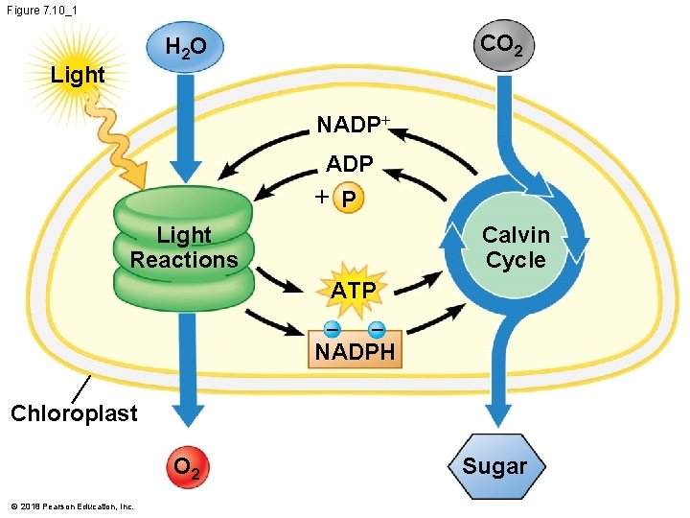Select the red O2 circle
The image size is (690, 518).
click(186, 469)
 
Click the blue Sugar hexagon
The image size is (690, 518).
click(494, 467)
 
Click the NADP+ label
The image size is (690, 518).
click(354, 126)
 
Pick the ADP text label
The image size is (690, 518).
click(349, 165)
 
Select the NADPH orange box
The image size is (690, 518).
click(355, 351)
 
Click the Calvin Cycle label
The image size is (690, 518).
click(516, 247)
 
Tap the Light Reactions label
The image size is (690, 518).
click(184, 247)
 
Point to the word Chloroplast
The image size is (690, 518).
click(74, 413)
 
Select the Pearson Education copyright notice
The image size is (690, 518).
click(72, 506)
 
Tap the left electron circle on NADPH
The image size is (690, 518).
click(332, 329)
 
